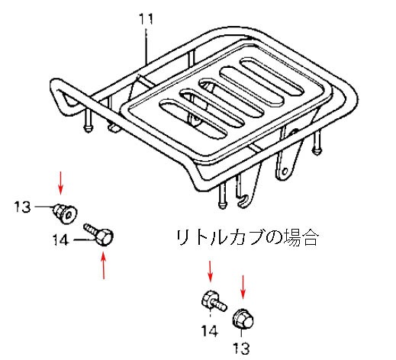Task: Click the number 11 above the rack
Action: click(x=146, y=19)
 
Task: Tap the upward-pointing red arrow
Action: click(x=103, y=265)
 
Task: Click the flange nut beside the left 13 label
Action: click(x=65, y=214)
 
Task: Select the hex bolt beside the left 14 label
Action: click(x=99, y=234)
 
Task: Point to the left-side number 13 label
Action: click(x=22, y=207)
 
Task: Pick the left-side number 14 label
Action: click(x=61, y=239)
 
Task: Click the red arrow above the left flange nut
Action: click(x=60, y=183)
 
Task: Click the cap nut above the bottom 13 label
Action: click(x=243, y=319)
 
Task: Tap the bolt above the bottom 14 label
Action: click(x=214, y=301)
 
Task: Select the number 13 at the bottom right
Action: click(x=241, y=348)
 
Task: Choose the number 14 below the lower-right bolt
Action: click(x=210, y=331)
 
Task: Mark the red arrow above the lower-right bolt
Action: click(x=210, y=271)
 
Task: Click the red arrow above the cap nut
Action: click(x=243, y=287)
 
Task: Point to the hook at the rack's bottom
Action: click(x=243, y=200)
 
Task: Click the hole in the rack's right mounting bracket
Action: click(x=285, y=172)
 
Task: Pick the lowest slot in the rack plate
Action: click(x=193, y=118)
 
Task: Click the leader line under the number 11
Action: click(x=146, y=47)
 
